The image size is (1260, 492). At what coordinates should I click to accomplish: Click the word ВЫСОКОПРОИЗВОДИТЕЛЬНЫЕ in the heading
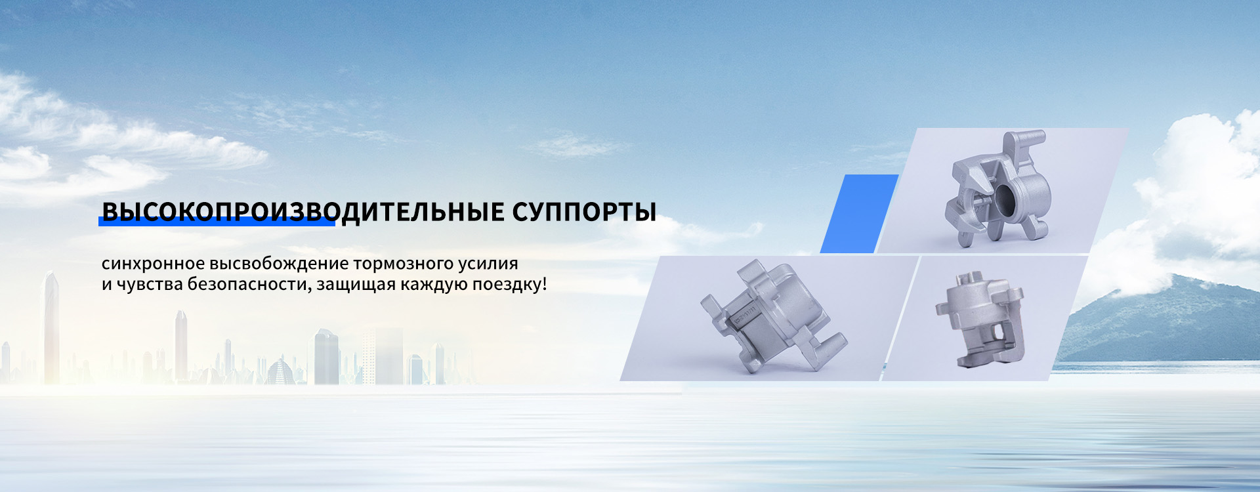tap(303, 212)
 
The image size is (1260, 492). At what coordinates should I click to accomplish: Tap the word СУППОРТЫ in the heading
tap(584, 212)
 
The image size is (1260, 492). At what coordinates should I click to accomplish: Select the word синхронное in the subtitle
tap(153, 264)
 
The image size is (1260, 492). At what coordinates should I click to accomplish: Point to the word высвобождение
tap(279, 264)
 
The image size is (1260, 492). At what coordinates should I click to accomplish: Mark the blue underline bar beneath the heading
tap(217, 222)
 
